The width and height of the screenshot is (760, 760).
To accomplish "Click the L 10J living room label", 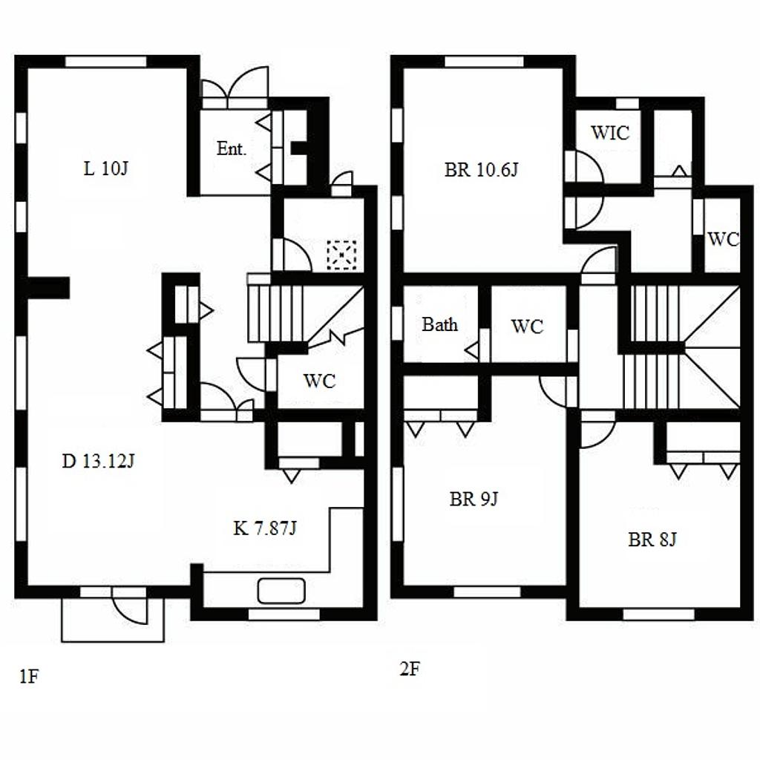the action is pos(105,168).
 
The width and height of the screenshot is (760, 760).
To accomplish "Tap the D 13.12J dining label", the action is pos(99,460).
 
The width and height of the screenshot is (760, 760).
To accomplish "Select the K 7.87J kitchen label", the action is pos(265,528).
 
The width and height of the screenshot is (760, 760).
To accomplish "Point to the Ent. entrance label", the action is pos(232,148).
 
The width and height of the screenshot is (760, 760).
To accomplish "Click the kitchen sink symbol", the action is pos(281,591).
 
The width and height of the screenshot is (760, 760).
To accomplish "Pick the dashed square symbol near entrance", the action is pos(341,255).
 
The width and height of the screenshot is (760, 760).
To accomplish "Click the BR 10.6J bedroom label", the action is pos(481,170).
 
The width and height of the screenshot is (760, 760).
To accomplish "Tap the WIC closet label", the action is pos(610,132).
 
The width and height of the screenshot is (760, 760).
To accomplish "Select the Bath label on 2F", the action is pos(439,324).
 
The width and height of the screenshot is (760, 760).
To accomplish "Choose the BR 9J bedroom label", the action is pos(474,499).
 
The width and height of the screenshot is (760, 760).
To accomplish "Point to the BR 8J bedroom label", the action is pos(652,539).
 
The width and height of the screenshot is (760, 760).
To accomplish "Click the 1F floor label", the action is pos(29,676).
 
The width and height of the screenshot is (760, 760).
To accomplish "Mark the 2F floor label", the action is pos(410,669).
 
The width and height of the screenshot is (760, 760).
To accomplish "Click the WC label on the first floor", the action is pos(319,381).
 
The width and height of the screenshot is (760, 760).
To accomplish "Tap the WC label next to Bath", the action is pos(527,327).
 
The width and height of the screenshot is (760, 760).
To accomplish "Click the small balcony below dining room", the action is pos(113,620).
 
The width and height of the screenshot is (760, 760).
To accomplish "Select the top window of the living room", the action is pos(105,62).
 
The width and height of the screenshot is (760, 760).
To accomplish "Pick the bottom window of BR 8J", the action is pos(658,614).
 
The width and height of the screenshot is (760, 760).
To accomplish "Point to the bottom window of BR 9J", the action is pos(487,592).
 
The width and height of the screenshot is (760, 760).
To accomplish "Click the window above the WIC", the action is pos(627,103).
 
